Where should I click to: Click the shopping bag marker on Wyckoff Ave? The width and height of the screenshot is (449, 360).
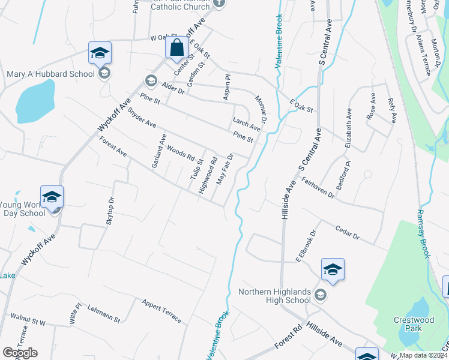click(x=176, y=48)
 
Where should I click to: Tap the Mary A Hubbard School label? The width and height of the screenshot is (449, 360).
click(x=50, y=74)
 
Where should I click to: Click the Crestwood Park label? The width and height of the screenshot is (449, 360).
click(x=414, y=325)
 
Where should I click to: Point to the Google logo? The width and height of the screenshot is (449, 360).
click(x=20, y=353)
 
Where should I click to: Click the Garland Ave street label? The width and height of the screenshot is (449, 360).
click(x=159, y=151)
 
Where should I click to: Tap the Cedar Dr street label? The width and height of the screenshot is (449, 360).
click(x=348, y=232)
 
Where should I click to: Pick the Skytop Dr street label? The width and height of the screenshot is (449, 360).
click(x=110, y=211)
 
